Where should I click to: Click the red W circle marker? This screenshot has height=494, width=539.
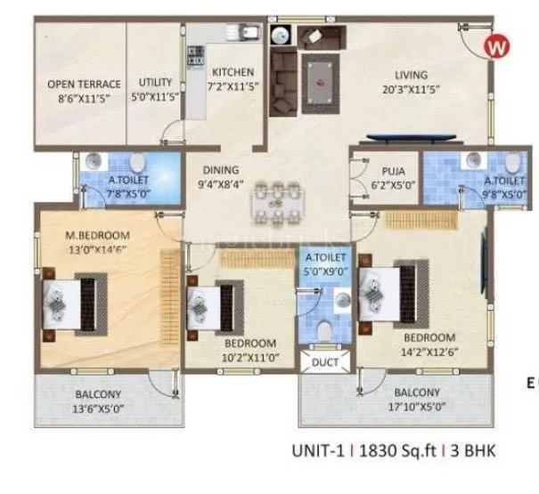496,46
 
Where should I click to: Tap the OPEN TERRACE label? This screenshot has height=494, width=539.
78,85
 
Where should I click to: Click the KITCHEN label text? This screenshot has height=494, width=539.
233,72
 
